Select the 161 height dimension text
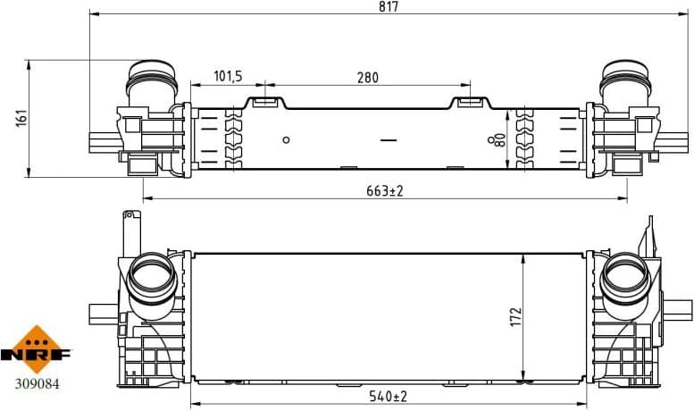coord(22,118)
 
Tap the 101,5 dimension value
coord(229,78)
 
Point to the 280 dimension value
coord(367,78)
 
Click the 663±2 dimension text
coord(385,190)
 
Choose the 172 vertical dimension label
coord(514,317)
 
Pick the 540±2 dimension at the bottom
coord(389,396)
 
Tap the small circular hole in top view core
coord(286,139)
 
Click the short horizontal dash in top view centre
coord(388,139)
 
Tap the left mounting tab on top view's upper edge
coord(265,102)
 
